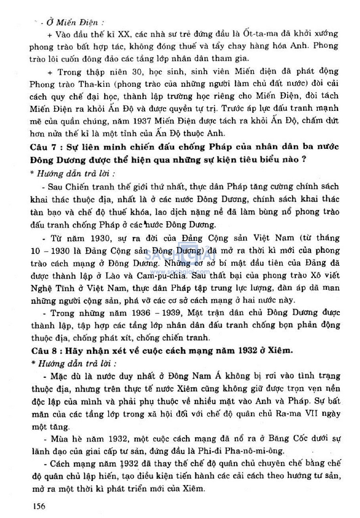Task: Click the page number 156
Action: [x=39, y=506]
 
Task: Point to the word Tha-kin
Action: [x=95, y=84]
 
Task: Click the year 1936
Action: [x=141, y=313]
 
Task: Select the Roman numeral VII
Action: [x=312, y=414]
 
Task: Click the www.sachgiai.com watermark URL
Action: [x=180, y=272]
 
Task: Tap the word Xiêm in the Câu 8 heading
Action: [x=280, y=350]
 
